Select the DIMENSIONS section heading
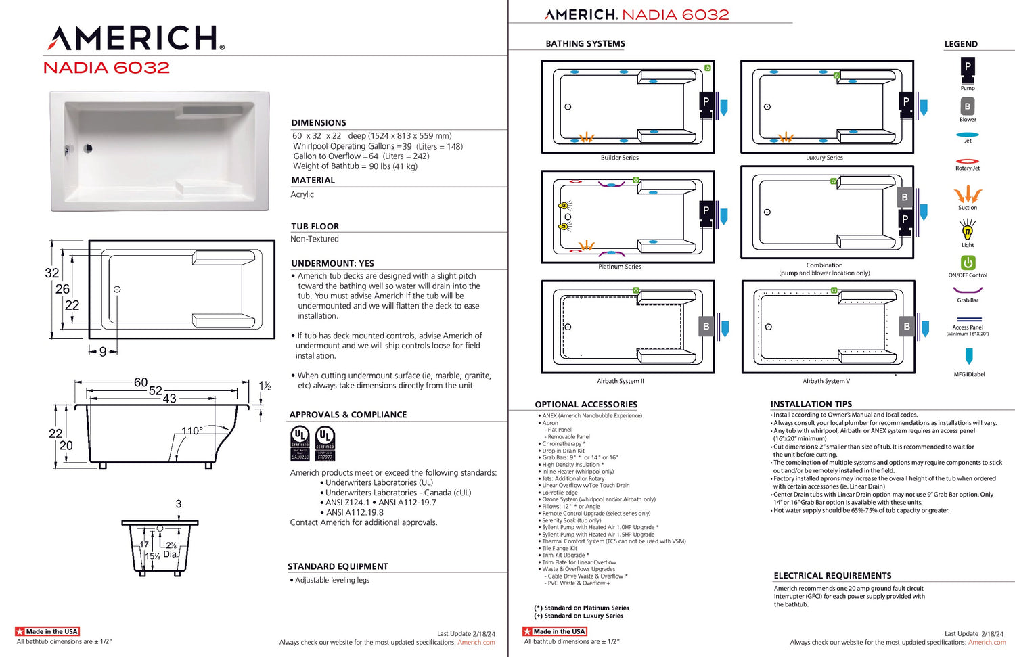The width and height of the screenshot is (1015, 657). pyautogui.click(x=319, y=122)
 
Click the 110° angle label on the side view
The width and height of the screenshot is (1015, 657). pyautogui.click(x=191, y=431)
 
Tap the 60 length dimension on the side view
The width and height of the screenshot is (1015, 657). pyautogui.click(x=141, y=382)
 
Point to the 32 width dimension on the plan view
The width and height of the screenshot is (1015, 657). pyautogui.click(x=52, y=273)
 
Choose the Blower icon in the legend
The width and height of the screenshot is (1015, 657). pyautogui.click(x=968, y=106)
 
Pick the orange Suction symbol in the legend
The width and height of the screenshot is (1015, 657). pyautogui.click(x=968, y=195)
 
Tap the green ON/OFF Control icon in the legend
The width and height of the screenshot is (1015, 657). pyautogui.click(x=968, y=263)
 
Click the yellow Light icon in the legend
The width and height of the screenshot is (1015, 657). pyautogui.click(x=968, y=232)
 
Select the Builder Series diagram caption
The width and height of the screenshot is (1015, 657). pyautogui.click(x=619, y=158)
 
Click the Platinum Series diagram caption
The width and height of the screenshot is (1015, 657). pyautogui.click(x=619, y=267)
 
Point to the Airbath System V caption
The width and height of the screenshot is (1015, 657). pyautogui.click(x=826, y=381)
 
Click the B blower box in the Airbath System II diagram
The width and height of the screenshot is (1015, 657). pyautogui.click(x=706, y=326)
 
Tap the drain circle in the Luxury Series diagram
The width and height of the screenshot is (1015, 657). pyautogui.click(x=767, y=107)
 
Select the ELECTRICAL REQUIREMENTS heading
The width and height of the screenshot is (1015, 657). pyautogui.click(x=832, y=576)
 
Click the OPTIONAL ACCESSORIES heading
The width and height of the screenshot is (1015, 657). pyautogui.click(x=586, y=405)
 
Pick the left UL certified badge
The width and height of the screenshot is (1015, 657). pyautogui.click(x=300, y=443)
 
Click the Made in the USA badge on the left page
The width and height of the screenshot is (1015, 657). pyautogui.click(x=47, y=631)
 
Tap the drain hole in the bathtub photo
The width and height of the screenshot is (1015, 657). pyautogui.click(x=87, y=148)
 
